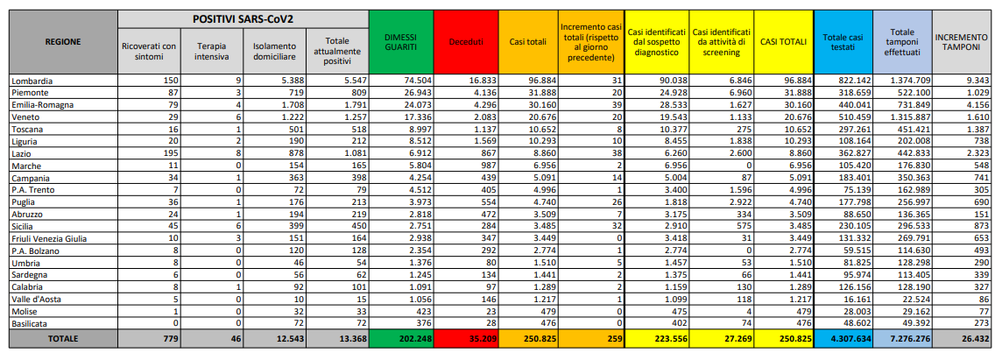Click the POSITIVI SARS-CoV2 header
coord(243,18)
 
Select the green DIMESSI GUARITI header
coord(400,41)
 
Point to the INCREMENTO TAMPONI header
coord(963,41)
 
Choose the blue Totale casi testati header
coord(843,41)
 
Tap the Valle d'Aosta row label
coord(38,298)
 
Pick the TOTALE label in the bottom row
coord(62,338)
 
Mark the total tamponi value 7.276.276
coord(903,338)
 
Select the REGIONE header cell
coord(62,41)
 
